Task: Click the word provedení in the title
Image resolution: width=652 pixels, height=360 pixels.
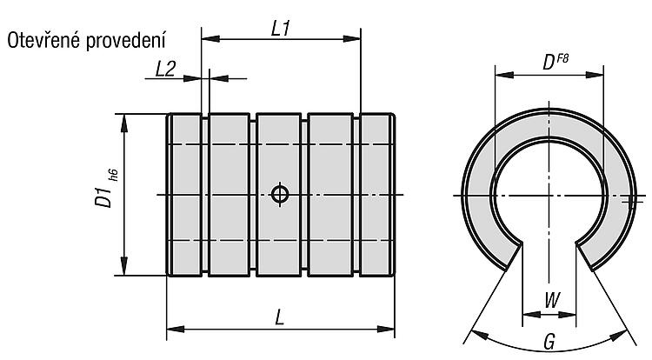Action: (x=125, y=42)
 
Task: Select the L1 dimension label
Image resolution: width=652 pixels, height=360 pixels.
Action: (x=281, y=29)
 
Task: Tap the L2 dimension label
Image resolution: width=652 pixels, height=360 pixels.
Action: (x=165, y=69)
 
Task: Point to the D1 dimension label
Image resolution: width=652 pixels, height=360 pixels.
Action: (x=103, y=197)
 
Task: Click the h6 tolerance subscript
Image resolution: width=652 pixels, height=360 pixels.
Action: (x=114, y=175)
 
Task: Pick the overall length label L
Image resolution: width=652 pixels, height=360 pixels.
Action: (x=280, y=318)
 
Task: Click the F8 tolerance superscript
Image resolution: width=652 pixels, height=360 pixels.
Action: (x=562, y=58)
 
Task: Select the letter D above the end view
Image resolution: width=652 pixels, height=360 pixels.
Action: (x=549, y=63)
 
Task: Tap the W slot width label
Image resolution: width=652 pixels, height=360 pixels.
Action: (x=552, y=300)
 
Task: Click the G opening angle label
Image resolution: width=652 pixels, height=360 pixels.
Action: (x=549, y=342)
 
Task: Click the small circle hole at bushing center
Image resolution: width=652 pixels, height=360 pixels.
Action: (x=280, y=194)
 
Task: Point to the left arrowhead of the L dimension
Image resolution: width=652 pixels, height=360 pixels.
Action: (x=176, y=330)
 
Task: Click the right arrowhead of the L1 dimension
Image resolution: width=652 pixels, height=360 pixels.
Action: (x=352, y=38)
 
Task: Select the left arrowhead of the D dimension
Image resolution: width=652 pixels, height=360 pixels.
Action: (x=504, y=75)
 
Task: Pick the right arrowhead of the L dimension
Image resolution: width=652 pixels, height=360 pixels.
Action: (x=385, y=330)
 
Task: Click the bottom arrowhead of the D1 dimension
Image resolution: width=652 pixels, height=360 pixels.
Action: (x=124, y=266)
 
